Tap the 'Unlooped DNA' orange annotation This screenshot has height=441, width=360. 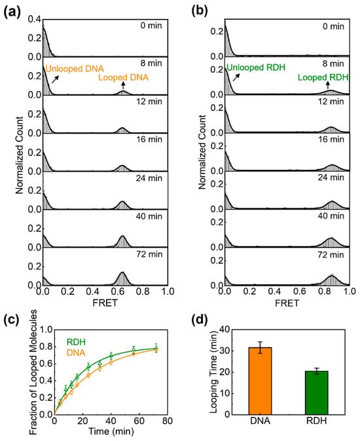(x=72, y=67)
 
